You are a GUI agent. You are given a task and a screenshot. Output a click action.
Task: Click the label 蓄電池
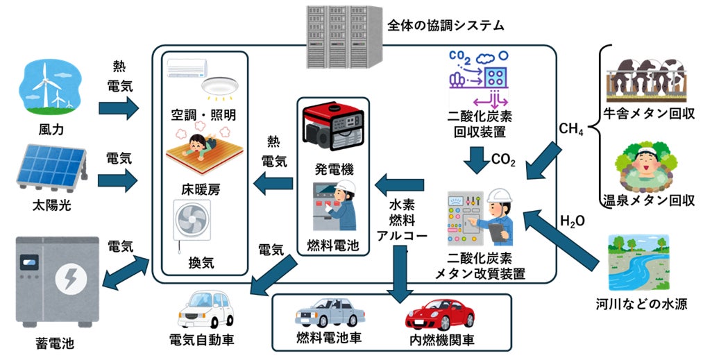click(x=54, y=343)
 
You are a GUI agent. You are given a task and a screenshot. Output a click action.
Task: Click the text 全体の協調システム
click(x=445, y=26)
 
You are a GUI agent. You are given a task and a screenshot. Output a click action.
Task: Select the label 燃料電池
click(x=333, y=244)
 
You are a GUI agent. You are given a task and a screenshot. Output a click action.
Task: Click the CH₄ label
click(x=570, y=130)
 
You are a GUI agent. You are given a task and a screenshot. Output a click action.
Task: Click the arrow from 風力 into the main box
click(x=119, y=108)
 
